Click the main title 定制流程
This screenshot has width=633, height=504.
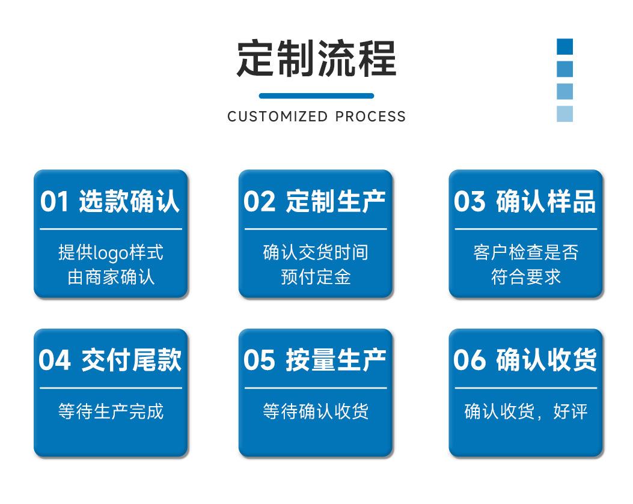click(x=316, y=58)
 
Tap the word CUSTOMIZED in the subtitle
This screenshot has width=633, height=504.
click(x=278, y=116)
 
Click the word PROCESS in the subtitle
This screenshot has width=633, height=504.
click(x=370, y=116)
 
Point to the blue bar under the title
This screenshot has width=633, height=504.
click(x=316, y=96)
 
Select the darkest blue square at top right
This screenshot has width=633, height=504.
click(x=564, y=46)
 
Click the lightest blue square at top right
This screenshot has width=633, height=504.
click(x=564, y=114)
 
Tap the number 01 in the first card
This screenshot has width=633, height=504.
click(x=55, y=201)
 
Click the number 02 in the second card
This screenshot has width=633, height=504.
click(x=260, y=201)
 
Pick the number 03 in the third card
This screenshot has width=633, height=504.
click(x=469, y=201)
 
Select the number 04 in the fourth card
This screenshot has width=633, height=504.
click(x=55, y=360)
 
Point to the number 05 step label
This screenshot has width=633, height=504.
click(x=260, y=360)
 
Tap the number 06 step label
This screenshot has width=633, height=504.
click(x=469, y=360)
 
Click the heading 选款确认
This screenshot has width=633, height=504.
click(x=129, y=201)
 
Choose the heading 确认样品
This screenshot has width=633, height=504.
click(x=546, y=201)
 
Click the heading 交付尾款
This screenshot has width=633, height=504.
click(x=132, y=360)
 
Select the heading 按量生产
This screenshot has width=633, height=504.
click(x=336, y=360)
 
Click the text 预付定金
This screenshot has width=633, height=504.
click(x=316, y=277)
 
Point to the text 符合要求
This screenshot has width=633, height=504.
click(x=526, y=277)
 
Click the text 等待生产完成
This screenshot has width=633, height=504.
click(x=111, y=411)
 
